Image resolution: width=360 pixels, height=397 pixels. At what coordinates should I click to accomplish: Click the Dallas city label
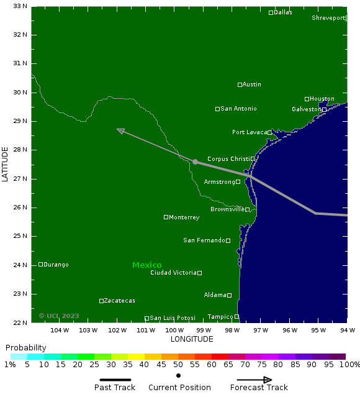click(282, 12)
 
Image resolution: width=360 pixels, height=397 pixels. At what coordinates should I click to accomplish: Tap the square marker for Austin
click(240, 84)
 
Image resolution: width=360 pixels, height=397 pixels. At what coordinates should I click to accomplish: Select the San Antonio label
click(238, 109)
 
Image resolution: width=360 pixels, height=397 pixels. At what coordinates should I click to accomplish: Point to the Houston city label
click(322, 99)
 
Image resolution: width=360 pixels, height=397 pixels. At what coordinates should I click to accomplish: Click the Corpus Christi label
click(228, 159)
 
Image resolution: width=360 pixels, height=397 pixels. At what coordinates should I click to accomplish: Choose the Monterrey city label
click(184, 217)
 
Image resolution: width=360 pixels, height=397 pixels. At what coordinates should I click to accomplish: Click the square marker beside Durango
click(41, 265)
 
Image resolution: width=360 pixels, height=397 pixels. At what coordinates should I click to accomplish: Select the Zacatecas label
click(119, 301)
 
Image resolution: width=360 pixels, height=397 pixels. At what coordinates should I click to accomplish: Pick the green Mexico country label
click(146, 265)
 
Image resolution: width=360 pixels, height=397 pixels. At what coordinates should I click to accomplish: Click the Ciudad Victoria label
click(173, 273)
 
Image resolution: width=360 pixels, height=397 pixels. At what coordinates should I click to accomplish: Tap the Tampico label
click(220, 317)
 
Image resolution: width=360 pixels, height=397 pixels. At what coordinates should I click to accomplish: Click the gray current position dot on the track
click(195, 162)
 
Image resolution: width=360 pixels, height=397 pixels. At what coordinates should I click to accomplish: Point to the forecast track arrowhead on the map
click(120, 130)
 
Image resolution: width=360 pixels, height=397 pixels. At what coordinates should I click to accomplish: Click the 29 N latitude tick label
click(20, 121)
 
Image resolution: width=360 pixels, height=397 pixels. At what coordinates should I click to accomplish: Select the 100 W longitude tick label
click(174, 330)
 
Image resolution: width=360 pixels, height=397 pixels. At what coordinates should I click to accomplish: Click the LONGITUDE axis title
click(192, 339)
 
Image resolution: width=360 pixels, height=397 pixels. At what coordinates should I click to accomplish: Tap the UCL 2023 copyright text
click(59, 316)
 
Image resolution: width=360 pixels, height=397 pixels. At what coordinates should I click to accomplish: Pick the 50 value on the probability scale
click(178, 365)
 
